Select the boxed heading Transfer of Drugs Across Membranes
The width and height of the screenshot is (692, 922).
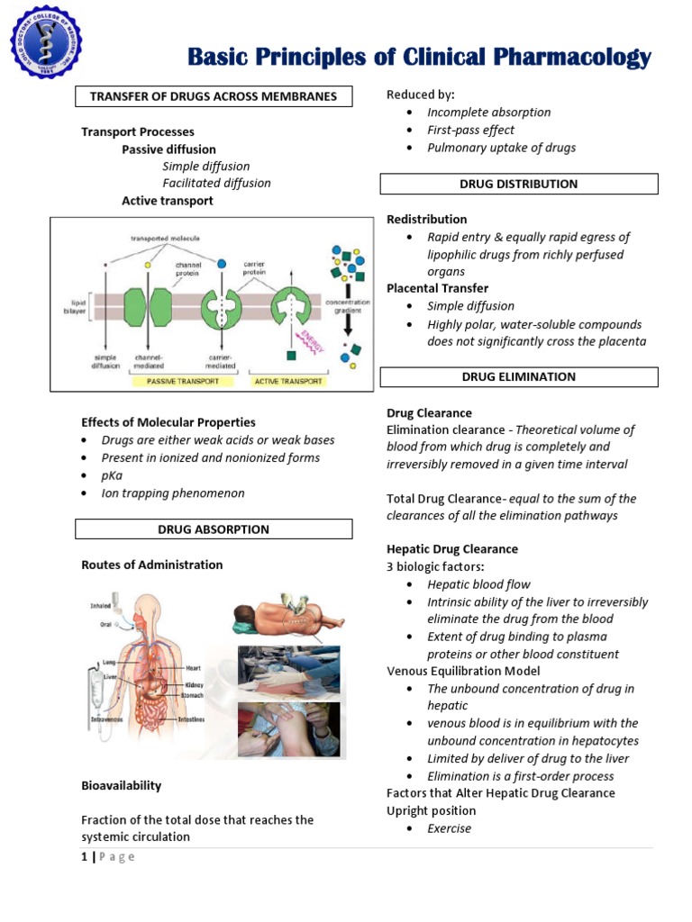tap(214, 96)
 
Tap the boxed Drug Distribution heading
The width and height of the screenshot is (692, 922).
tap(518, 184)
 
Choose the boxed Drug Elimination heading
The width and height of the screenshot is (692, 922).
tap(518, 377)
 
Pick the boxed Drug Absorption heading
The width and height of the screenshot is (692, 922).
tap(214, 529)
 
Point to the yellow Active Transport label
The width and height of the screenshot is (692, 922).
tap(287, 381)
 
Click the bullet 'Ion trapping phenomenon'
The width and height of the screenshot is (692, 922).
tap(172, 493)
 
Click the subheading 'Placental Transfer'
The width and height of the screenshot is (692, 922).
tap(437, 288)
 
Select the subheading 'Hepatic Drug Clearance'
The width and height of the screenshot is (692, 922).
tap(452, 548)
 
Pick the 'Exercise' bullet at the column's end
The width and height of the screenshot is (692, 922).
tap(449, 828)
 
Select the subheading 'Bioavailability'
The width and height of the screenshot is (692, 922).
tap(122, 785)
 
